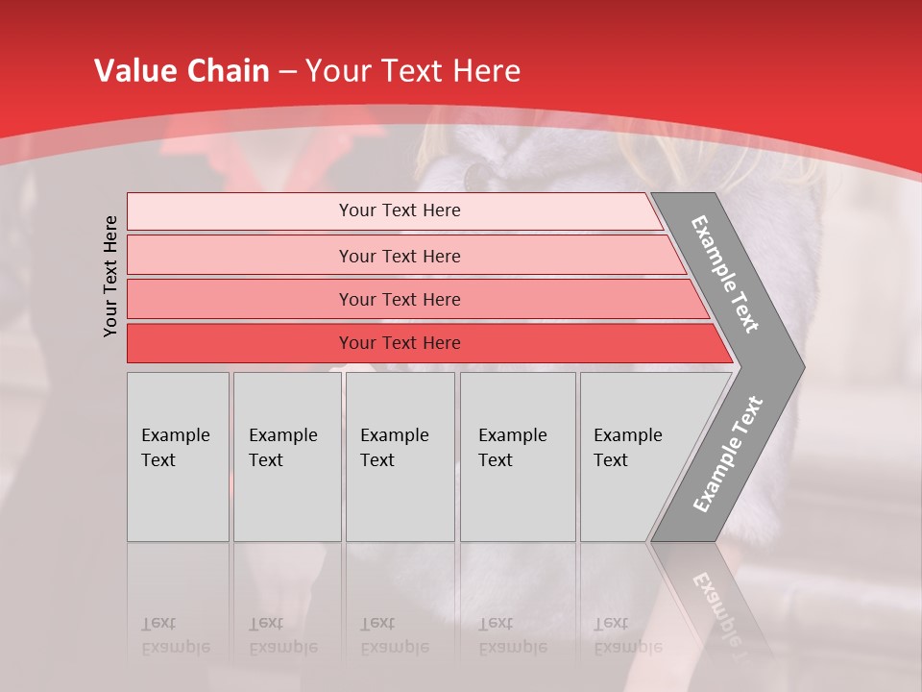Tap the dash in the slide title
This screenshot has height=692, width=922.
287,72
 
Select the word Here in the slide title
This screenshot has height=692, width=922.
486,71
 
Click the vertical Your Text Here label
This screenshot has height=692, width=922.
110,276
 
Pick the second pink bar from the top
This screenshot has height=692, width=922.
399,256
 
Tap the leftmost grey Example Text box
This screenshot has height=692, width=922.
178,456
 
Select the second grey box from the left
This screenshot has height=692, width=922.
287,456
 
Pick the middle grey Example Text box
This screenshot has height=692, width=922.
400,456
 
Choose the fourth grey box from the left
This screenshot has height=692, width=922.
518,456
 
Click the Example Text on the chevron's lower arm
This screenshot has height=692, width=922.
728,454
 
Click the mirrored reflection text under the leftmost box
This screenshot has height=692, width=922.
175,635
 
